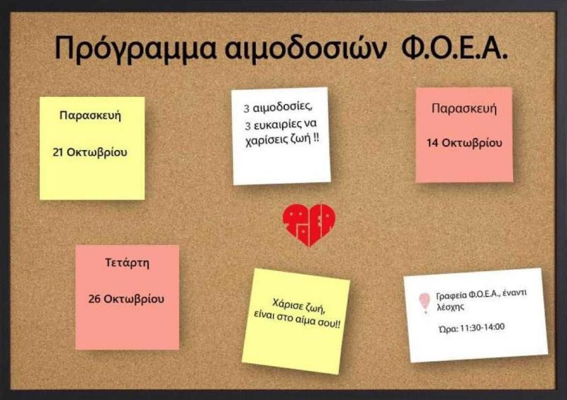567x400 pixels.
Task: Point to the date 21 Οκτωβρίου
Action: click(90, 152)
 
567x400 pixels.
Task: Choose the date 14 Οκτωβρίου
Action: click(464, 142)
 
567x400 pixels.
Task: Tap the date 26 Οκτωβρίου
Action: click(127, 298)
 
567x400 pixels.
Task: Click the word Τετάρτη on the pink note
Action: click(127, 263)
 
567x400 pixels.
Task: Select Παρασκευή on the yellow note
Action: click(90, 115)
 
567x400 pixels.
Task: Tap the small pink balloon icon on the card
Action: click(424, 302)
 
